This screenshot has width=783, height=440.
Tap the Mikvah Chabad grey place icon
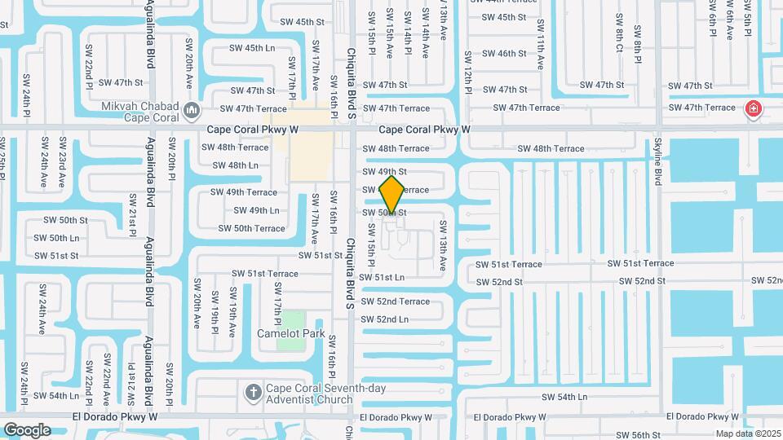click(x=192, y=108)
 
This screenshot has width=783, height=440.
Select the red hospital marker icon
click(x=754, y=108)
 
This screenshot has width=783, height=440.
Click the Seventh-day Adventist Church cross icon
click(x=254, y=393)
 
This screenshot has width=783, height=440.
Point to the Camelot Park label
click(x=291, y=333)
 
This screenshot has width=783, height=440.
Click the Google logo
click(x=27, y=429)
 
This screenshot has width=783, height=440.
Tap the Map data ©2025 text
click(x=749, y=433)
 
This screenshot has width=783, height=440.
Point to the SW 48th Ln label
click(x=236, y=165)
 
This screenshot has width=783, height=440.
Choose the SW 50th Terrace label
click(x=259, y=228)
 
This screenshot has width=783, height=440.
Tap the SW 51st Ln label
click(x=383, y=278)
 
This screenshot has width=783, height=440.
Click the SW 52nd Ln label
click(x=384, y=319)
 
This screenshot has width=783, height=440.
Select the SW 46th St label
click(x=504, y=54)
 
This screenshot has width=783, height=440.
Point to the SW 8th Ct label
click(x=620, y=34)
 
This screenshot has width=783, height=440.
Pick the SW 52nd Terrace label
click(x=395, y=301)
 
